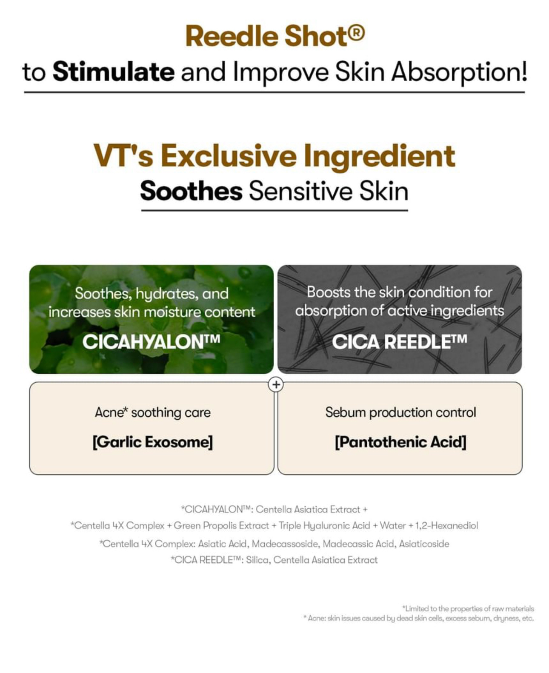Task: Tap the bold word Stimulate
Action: tap(114, 72)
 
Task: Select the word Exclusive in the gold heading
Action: tap(229, 156)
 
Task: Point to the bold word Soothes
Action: tap(191, 191)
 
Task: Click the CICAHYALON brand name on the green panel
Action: tap(151, 342)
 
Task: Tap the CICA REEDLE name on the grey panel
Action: tap(399, 342)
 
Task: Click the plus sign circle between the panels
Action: tap(276, 384)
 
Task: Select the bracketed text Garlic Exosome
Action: tap(152, 442)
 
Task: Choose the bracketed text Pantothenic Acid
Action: tap(400, 442)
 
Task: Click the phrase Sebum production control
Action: tap(400, 412)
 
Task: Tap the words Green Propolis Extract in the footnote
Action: tap(221, 525)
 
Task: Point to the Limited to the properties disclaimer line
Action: tap(468, 609)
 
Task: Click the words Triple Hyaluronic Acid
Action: tap(324, 525)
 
